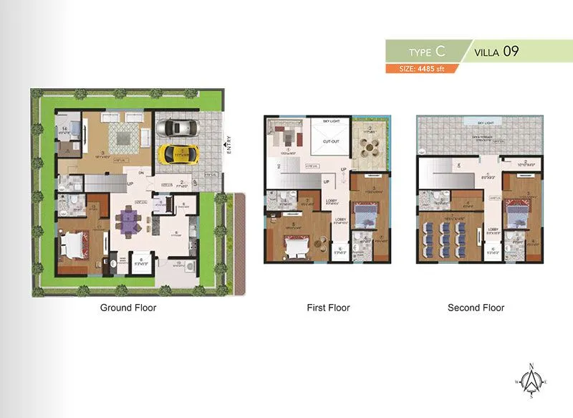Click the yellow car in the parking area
click(175, 153)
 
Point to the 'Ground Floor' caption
click(127, 308)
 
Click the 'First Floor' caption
click(328, 308)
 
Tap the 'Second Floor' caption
click(476, 308)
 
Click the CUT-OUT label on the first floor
click(330, 142)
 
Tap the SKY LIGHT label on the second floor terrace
click(476, 123)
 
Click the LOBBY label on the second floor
click(493, 229)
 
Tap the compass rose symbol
click(531, 381)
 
